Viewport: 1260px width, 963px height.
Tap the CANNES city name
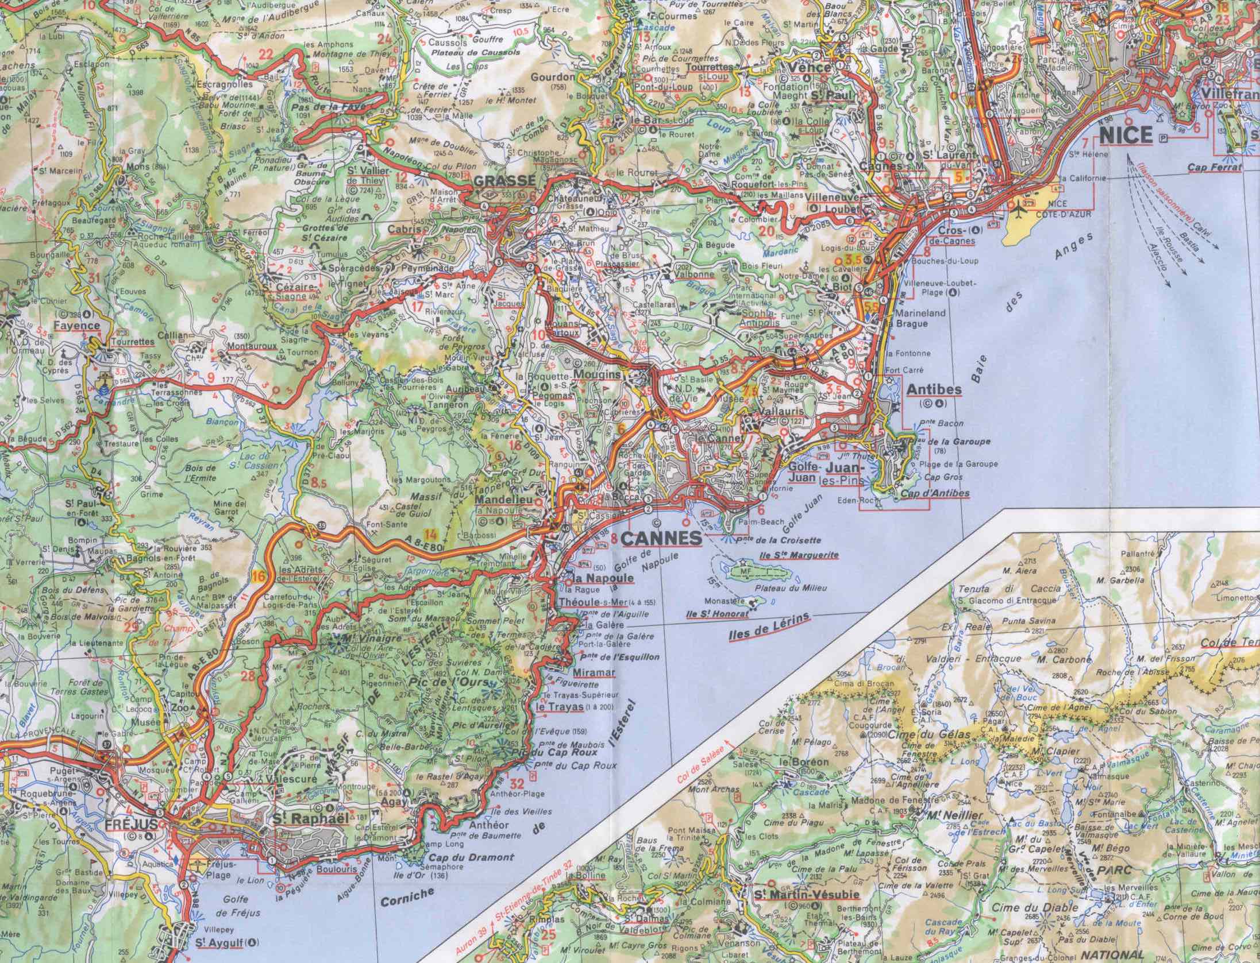tap(662, 539)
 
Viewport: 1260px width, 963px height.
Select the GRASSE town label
tap(504, 181)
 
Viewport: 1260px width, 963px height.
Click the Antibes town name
tap(934, 390)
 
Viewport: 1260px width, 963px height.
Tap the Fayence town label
tap(77, 325)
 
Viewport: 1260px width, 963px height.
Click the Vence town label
tap(812, 67)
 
